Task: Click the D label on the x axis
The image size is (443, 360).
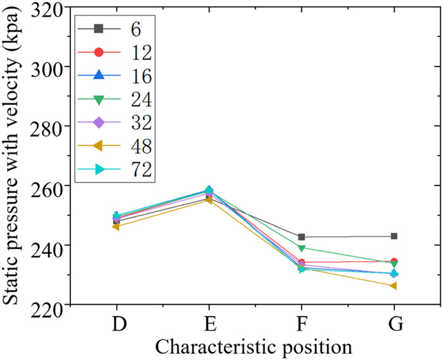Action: [x=117, y=325]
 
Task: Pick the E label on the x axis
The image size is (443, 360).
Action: [x=209, y=325]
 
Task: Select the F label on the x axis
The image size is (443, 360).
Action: [x=302, y=325]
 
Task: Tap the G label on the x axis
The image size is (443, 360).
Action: [x=395, y=325]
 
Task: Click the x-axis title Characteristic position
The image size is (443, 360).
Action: [x=253, y=347]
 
